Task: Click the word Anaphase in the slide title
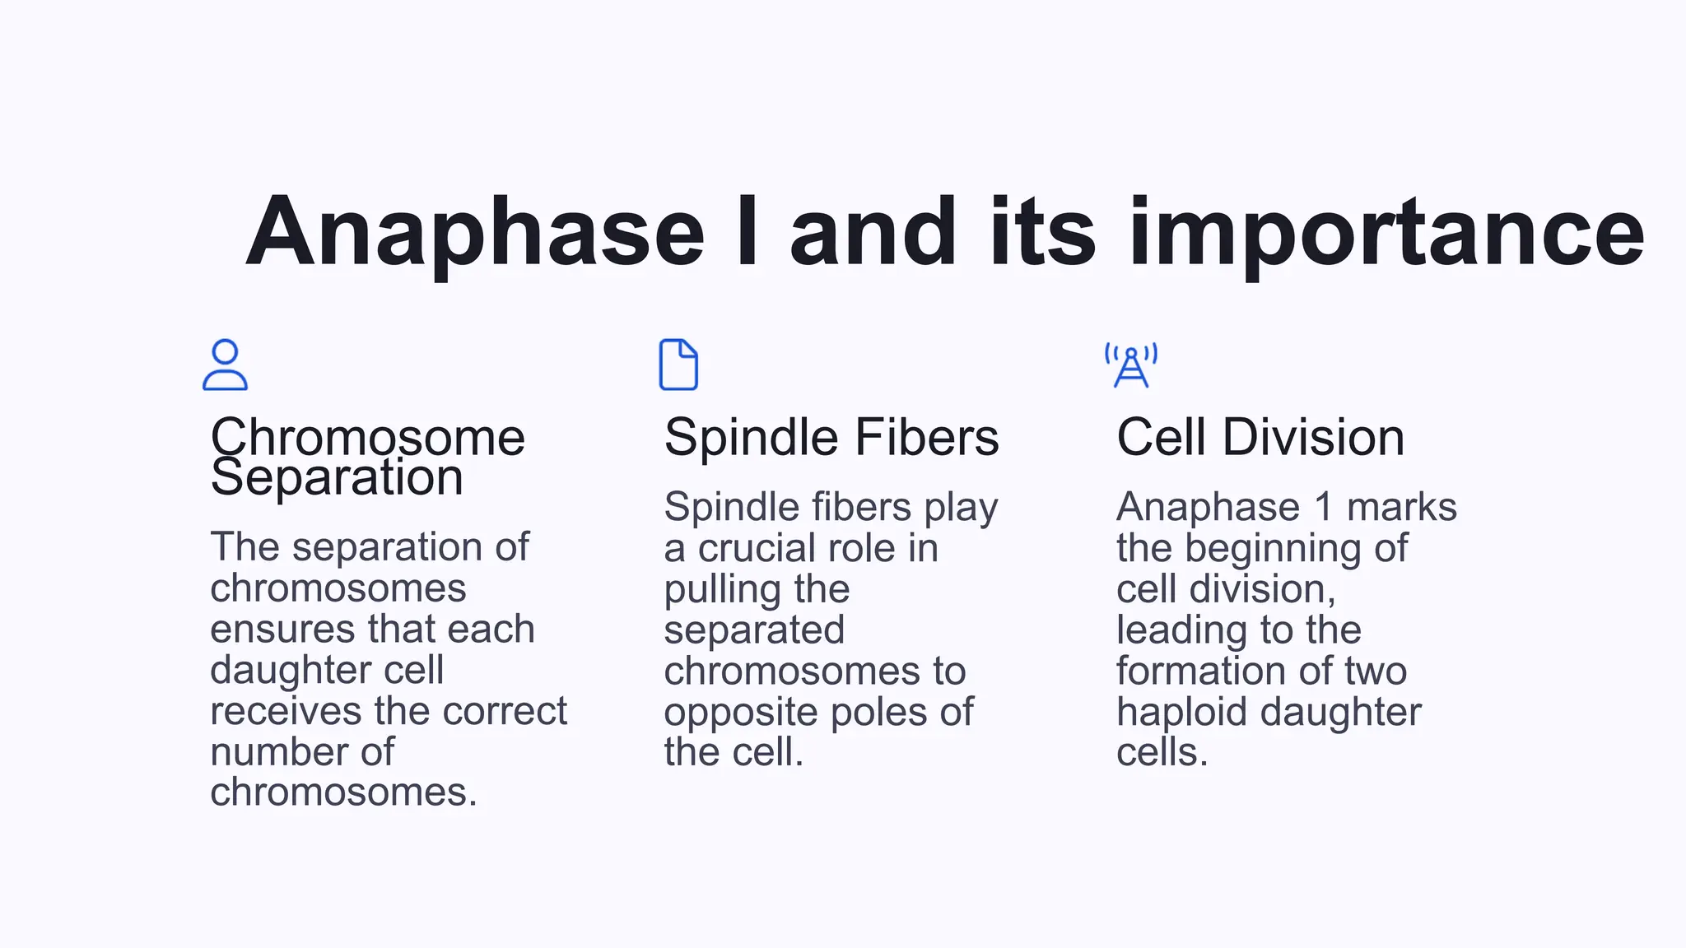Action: click(x=475, y=234)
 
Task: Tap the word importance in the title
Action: click(x=1386, y=234)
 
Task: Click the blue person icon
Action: click(x=225, y=365)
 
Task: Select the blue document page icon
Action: click(x=678, y=365)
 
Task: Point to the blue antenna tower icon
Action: click(x=1131, y=365)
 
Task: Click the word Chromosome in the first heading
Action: click(x=367, y=437)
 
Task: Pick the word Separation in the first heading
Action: click(x=337, y=477)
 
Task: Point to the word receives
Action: click(x=280, y=712)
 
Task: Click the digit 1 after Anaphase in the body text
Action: click(x=1324, y=508)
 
